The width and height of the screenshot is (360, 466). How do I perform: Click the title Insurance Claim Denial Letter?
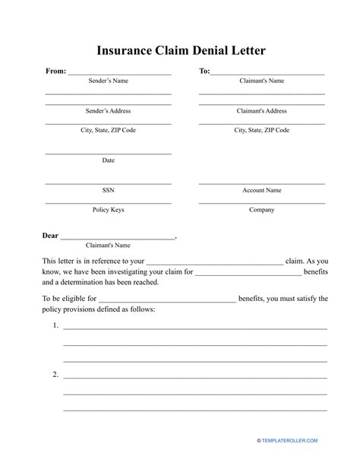(181, 51)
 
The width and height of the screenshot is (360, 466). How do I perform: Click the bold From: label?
(56, 71)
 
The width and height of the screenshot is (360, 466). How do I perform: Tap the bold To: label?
(204, 71)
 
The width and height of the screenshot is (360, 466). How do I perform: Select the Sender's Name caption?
(108, 81)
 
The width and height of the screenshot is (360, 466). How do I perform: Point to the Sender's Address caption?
(108, 110)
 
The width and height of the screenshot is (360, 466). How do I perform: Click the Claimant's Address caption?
(262, 110)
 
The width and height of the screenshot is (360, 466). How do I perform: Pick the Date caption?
(108, 160)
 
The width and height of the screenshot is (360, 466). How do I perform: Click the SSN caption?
(108, 190)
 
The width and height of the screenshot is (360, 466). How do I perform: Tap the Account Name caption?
(262, 190)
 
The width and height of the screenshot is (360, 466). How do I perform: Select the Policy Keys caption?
(108, 210)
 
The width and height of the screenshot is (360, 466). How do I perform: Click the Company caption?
(262, 210)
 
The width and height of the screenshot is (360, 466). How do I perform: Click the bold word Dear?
(50, 236)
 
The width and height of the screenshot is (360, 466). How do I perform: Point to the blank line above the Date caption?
(108, 154)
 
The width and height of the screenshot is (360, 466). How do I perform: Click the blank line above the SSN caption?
(108, 183)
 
